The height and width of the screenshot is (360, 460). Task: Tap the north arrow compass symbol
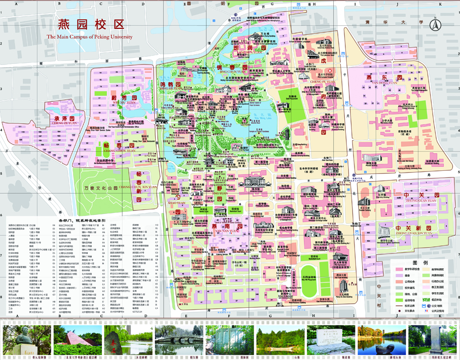(x=434, y=24)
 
